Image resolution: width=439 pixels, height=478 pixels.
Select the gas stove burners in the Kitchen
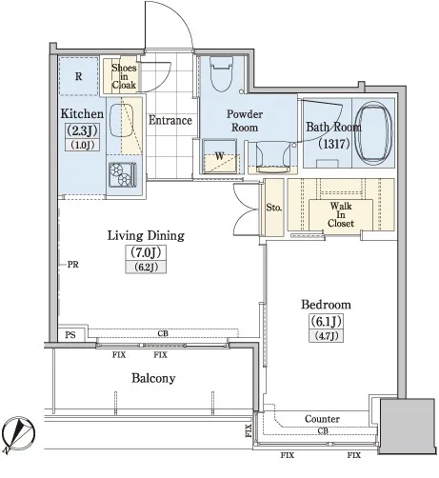(122, 174)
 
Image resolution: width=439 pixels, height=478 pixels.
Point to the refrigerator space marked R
(78, 76)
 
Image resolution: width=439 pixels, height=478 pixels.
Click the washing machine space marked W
(219, 157)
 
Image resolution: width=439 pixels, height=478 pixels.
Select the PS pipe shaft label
(70, 335)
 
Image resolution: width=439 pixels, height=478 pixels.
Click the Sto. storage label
(274, 208)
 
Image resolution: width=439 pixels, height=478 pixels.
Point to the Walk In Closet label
(341, 214)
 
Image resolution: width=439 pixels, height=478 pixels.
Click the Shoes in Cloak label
(124, 76)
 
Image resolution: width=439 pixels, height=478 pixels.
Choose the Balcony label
(153, 378)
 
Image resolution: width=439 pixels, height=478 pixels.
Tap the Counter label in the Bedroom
(322, 419)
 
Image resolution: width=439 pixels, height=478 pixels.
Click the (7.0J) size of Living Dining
(146, 252)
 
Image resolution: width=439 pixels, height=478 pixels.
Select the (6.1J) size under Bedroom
(326, 322)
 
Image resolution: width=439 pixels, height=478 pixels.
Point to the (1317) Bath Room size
(334, 144)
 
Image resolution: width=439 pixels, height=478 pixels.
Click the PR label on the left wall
(72, 265)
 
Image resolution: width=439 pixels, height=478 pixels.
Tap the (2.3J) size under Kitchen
(82, 130)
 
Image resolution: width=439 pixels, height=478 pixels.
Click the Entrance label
(170, 120)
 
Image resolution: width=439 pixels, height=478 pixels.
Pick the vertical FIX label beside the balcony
(249, 430)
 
